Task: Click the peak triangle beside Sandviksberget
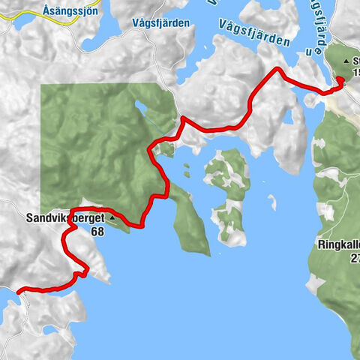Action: pos(112,218)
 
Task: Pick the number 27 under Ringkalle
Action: pos(354,258)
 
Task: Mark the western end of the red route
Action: pos(17,289)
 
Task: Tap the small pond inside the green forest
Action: pos(142,109)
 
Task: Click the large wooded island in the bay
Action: pos(226,191)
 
